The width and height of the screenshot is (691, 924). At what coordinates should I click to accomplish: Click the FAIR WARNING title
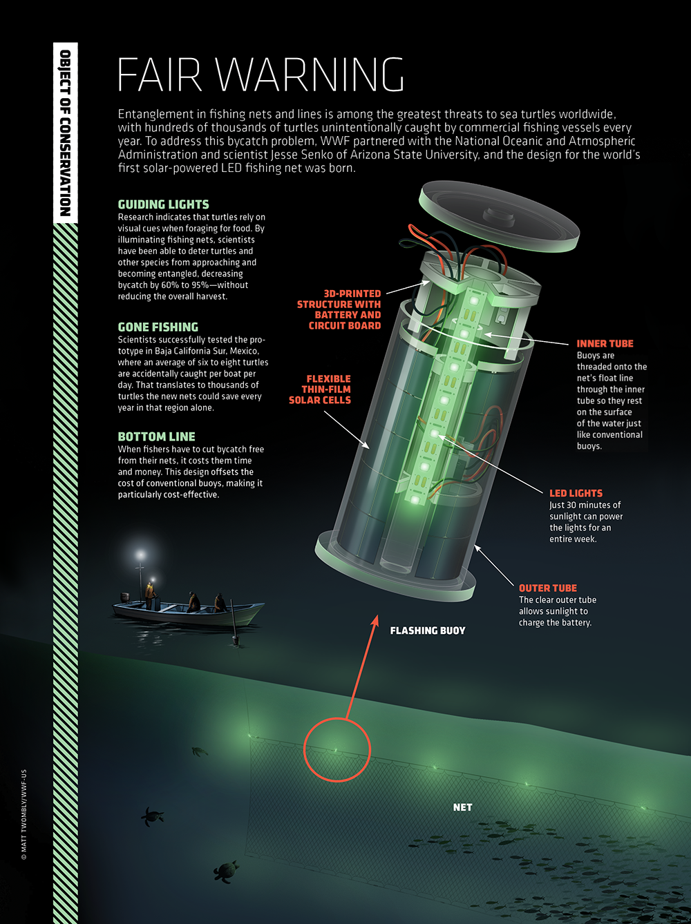261,75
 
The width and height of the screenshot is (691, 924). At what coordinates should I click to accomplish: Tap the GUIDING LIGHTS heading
163,204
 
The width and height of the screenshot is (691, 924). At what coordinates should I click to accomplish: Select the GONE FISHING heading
158,327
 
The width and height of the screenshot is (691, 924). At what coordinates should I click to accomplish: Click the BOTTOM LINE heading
156,436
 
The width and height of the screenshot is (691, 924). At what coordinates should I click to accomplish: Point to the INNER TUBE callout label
605,343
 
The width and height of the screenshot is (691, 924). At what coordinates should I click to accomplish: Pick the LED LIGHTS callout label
576,493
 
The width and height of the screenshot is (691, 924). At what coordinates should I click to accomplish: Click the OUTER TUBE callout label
547,588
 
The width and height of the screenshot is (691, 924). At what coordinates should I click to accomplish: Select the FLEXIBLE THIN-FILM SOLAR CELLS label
321,389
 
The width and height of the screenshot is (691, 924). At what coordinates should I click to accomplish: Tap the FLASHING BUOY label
427,631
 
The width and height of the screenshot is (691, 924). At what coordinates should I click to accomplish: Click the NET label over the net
462,807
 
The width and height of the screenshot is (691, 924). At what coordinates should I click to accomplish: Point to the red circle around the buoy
337,750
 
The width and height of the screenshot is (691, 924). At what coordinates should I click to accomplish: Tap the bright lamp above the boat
141,555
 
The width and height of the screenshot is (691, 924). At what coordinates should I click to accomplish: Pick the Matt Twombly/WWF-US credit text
24,815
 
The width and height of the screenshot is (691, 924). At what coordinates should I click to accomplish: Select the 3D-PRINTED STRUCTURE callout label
340,309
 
